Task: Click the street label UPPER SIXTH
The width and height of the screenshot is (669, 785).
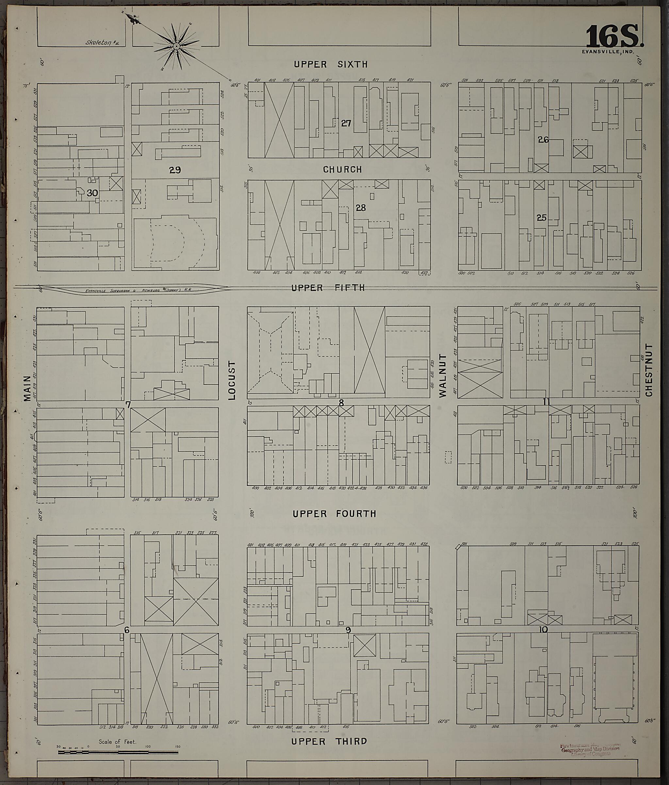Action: pyautogui.click(x=331, y=64)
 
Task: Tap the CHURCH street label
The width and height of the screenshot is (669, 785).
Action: pyautogui.click(x=342, y=169)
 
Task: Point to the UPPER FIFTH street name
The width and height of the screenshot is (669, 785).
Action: pyautogui.click(x=328, y=288)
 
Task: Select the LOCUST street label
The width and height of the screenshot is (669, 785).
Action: pyautogui.click(x=232, y=380)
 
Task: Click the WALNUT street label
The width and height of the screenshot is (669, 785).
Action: pyautogui.click(x=443, y=376)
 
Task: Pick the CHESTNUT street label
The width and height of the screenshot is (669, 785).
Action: pyautogui.click(x=649, y=370)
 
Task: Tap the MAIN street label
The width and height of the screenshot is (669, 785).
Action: pyautogui.click(x=27, y=388)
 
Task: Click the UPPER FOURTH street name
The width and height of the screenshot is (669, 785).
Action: pyautogui.click(x=334, y=514)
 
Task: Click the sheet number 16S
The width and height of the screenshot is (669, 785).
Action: pyautogui.click(x=614, y=37)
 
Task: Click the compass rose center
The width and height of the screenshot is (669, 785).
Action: pyautogui.click(x=176, y=46)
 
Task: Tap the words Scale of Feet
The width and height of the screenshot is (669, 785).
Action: pyautogui.click(x=117, y=742)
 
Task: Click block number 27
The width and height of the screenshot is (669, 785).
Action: pyautogui.click(x=346, y=123)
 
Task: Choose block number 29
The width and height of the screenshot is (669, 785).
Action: pyautogui.click(x=175, y=170)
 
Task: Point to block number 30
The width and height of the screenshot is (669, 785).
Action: pyautogui.click(x=92, y=193)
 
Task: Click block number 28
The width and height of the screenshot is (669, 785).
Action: pyautogui.click(x=361, y=208)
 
